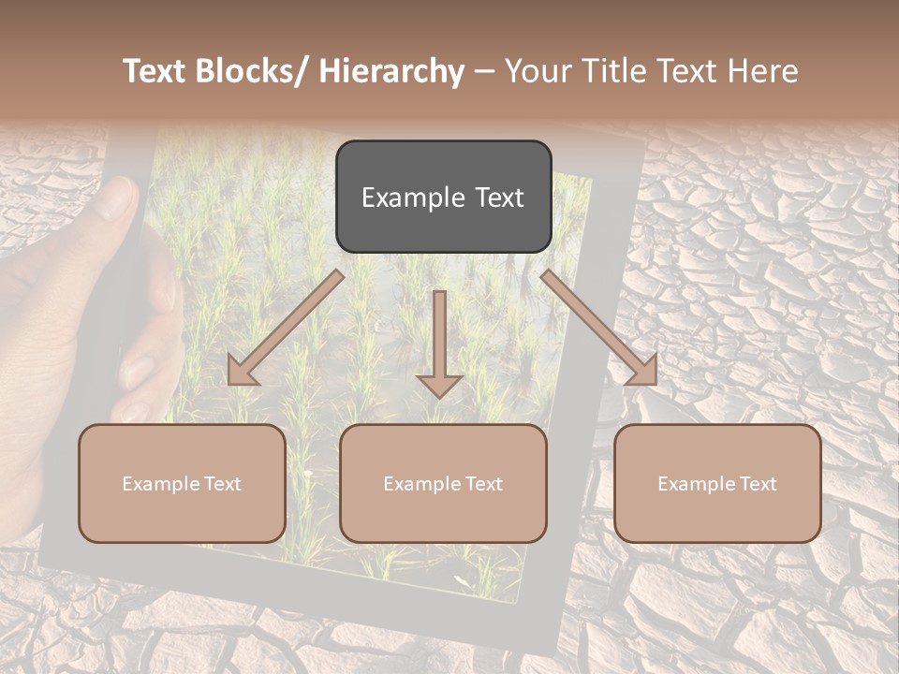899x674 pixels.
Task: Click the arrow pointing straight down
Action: pyautogui.click(x=439, y=342)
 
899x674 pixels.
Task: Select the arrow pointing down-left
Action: pyautogui.click(x=287, y=328)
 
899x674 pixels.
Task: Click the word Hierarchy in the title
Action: pyautogui.click(x=391, y=71)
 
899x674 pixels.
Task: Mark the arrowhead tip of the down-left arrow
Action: pyautogui.click(x=231, y=381)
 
